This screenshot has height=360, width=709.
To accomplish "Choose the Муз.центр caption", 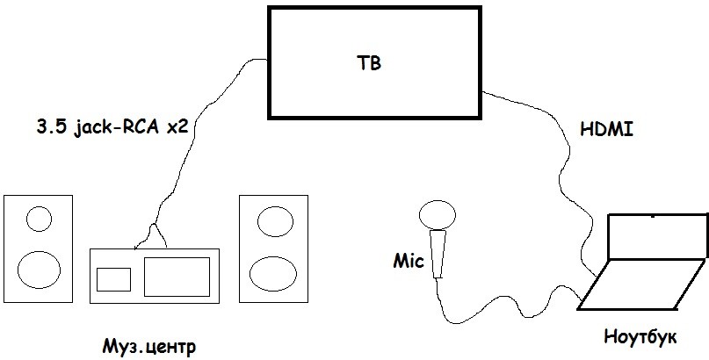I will click(x=148, y=345).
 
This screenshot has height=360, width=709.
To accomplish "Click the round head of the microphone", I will click(x=436, y=214).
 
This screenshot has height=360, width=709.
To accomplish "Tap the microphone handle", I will click(x=438, y=253).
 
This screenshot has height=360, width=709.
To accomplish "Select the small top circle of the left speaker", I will click(x=39, y=218).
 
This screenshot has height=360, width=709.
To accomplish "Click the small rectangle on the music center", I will click(x=112, y=279).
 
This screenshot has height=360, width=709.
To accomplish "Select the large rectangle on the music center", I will click(x=177, y=277).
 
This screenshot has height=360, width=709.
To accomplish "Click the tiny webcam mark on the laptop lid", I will click(x=652, y=215).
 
